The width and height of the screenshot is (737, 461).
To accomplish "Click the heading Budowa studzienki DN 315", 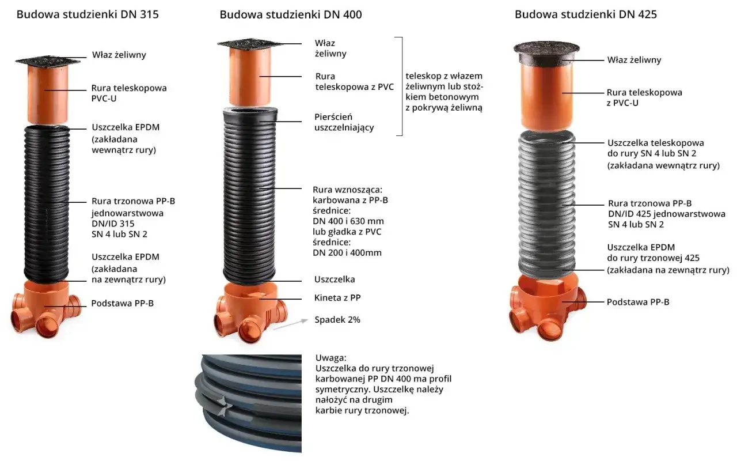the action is point(88,14).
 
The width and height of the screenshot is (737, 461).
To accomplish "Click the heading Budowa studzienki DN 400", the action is point(291,14).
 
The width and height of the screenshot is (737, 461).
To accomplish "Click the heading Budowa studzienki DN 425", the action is point(586,14).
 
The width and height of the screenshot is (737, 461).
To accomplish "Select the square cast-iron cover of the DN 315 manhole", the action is point(48,61).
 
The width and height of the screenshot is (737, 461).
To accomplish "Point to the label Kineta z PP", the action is point(337,298).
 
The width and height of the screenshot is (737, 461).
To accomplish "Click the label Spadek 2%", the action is point(337,320).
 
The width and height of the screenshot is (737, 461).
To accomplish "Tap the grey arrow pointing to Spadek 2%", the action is point(290,324).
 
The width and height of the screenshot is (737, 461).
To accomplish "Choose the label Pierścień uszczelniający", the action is point(344,122).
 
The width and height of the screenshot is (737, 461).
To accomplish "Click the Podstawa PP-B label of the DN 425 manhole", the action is point(638,302).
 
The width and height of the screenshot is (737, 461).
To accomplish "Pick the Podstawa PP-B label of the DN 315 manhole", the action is point(123,303).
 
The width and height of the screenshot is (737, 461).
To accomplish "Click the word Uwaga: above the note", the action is point(330,358).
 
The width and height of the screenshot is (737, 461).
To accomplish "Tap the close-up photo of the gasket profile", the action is point(248,403).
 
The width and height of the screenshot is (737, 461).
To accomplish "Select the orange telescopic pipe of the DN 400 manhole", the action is point(250,76).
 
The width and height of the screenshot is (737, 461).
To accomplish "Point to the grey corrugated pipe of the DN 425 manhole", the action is point(547,204).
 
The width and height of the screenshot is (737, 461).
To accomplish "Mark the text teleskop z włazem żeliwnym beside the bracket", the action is point(444,81).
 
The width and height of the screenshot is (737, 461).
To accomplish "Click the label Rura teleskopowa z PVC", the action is point(354,81).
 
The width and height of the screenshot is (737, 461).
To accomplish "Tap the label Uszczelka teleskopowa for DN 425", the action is point(656,143).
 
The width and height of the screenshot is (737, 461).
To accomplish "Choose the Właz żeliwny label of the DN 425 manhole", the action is point(634,60).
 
